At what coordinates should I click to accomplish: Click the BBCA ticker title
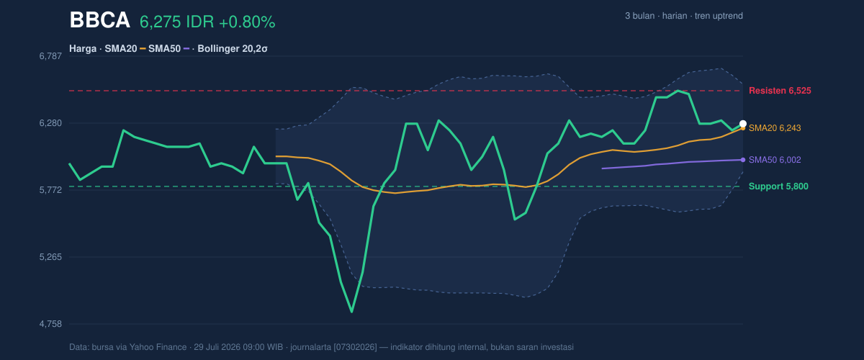[99, 20]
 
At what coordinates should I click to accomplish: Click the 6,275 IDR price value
[176, 22]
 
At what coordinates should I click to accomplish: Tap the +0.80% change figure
[247, 22]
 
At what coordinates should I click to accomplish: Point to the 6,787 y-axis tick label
[50, 56]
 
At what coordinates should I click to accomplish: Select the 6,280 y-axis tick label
[50, 123]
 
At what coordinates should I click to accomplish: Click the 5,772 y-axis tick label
[50, 190]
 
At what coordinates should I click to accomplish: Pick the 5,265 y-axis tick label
[50, 257]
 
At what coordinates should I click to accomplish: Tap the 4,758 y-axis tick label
[50, 324]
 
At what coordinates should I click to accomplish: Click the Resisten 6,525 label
[780, 91]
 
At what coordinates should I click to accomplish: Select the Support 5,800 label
[778, 186]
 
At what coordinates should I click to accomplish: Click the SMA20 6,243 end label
[775, 128]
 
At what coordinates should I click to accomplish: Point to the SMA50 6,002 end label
[775, 160]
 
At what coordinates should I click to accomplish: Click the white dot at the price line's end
[743, 124]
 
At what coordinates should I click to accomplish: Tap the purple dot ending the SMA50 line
[743, 160]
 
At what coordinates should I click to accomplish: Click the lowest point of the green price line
[352, 312]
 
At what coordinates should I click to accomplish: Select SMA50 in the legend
[164, 49]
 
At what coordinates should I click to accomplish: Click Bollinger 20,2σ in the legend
[232, 49]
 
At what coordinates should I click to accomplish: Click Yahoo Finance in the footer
[158, 347]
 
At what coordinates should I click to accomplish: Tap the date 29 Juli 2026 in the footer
[218, 347]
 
